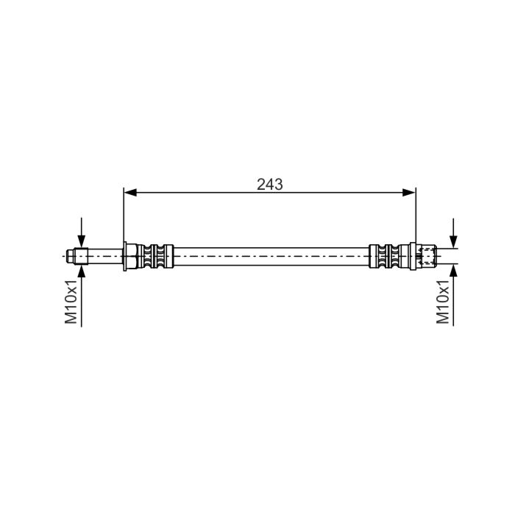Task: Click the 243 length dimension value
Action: [x=270, y=185]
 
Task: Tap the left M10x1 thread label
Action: [x=71, y=302]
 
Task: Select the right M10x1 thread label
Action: [x=443, y=302]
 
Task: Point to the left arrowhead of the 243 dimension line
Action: [x=130, y=193]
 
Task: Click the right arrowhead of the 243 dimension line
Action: [x=409, y=193]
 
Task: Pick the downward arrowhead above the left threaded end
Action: [x=82, y=241]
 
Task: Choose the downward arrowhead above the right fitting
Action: [x=454, y=242]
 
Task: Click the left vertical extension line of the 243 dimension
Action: [x=124, y=215]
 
